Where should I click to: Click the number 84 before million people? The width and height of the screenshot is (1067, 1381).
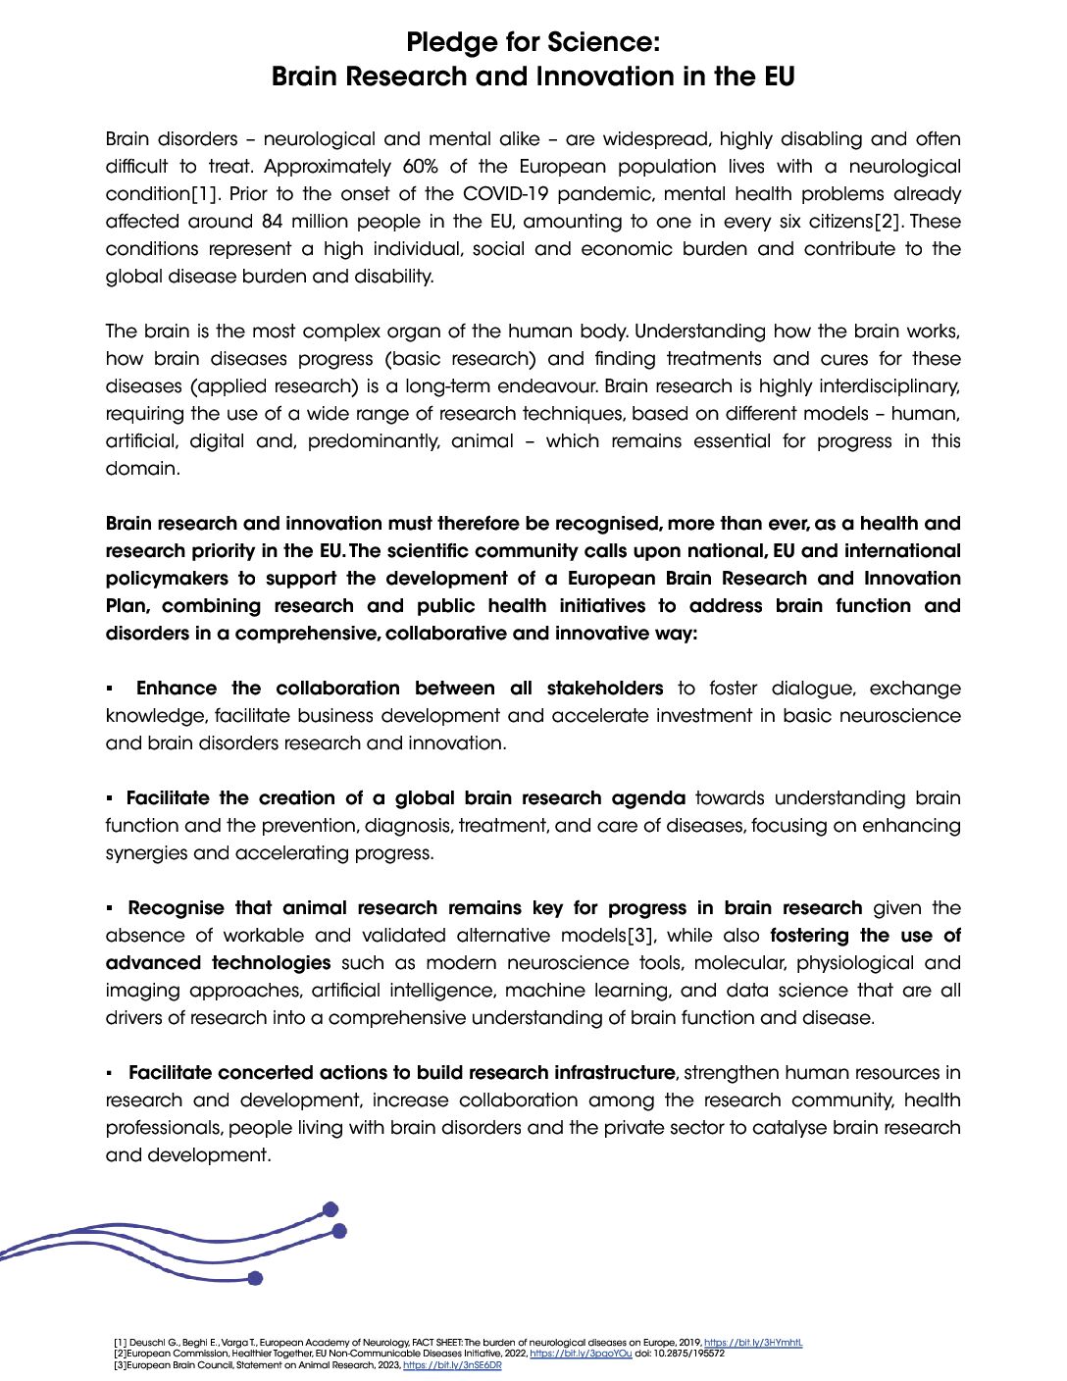point(273,222)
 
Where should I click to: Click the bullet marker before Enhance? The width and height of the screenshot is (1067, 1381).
point(111,689)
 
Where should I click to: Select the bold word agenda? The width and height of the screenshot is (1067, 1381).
point(648,798)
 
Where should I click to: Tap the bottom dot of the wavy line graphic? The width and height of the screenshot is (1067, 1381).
point(256,1278)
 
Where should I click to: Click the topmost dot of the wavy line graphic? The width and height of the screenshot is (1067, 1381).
point(330,1209)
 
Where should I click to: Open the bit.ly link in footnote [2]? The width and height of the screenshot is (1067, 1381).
point(581,1354)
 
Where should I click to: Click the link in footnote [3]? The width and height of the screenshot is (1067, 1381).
point(452,1365)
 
